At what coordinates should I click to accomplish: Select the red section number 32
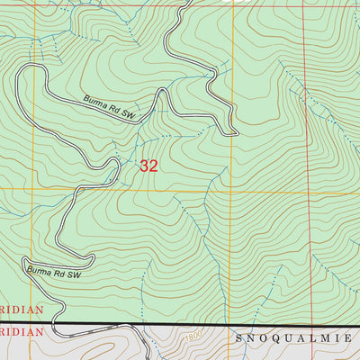point(149,166)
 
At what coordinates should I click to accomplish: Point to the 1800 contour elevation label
point(191,336)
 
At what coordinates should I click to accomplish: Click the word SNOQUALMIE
point(298,338)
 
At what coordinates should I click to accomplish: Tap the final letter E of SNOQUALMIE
point(354,338)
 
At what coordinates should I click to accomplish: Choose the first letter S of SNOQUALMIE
point(240,338)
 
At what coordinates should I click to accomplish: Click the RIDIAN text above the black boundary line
point(22,314)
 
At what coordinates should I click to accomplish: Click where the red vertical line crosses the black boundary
point(305,324)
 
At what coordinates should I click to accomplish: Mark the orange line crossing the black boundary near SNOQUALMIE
point(233,324)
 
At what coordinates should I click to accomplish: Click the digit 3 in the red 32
point(144,166)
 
